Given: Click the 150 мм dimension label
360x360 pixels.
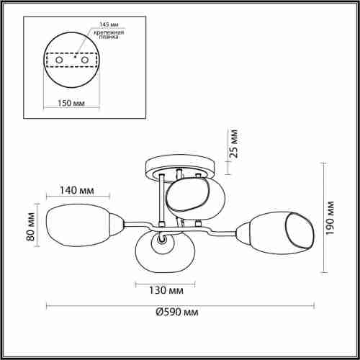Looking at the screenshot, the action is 71,103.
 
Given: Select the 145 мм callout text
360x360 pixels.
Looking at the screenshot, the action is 109,24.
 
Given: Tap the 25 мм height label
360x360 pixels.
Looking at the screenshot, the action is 233,143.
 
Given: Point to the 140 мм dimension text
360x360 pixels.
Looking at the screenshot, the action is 77,190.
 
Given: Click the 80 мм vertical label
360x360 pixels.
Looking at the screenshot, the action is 31,227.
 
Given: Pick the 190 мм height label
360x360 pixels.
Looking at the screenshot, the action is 330,218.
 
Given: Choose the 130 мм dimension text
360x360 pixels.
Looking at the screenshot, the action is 166,290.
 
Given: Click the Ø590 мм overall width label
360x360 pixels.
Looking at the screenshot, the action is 177,312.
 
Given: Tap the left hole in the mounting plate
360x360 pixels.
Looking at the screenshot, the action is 59,60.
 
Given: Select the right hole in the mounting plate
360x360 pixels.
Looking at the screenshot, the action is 85,60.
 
